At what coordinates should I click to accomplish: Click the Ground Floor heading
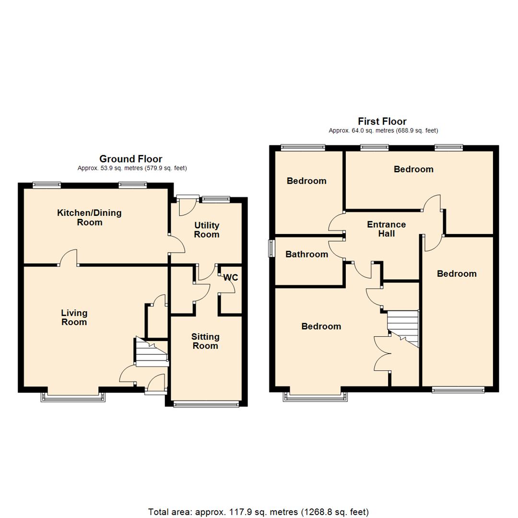click(130, 159)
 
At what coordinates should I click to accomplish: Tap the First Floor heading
click(382, 121)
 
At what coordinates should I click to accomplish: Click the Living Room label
click(74, 318)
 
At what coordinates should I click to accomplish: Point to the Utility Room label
click(207, 230)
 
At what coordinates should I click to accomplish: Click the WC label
click(231, 277)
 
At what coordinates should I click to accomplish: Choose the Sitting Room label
click(205, 341)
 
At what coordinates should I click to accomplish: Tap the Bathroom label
click(307, 254)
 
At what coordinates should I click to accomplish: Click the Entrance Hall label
click(387, 229)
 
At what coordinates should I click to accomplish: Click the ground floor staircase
click(151, 352)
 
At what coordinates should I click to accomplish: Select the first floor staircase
click(403, 326)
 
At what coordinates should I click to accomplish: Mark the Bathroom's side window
click(271, 248)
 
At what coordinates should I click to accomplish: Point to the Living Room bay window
click(73, 396)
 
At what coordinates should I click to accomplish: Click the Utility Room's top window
click(215, 197)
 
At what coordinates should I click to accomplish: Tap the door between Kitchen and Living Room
click(68, 259)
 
